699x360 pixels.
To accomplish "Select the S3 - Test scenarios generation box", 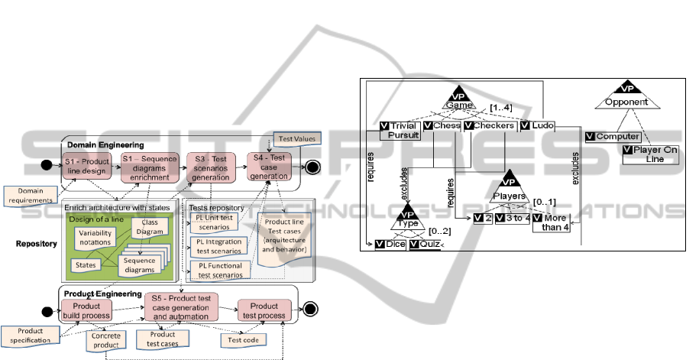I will [x=210, y=167].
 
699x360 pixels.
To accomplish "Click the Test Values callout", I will [x=298, y=139].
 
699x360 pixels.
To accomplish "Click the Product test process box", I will [x=263, y=310].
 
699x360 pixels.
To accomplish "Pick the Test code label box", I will [x=238, y=339].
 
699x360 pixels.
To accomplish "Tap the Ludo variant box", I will [x=538, y=125].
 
